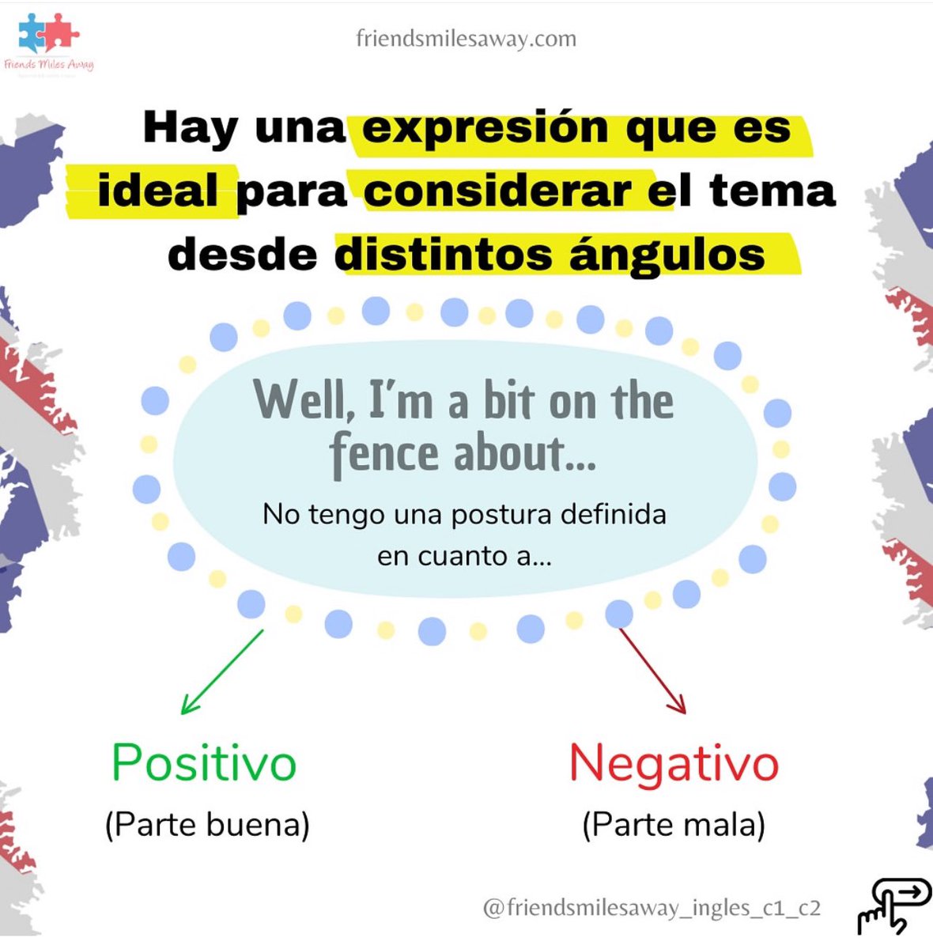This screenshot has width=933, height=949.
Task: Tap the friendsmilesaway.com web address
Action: click(466, 38)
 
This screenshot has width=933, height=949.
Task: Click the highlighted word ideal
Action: click(158, 191)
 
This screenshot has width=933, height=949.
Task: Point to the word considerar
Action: click(498, 191)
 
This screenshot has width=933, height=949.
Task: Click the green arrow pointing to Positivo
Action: click(221, 672)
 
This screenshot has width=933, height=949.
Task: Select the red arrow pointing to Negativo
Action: click(652, 671)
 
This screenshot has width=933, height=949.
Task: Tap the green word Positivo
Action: click(204, 763)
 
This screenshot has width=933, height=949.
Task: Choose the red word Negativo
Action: click(674, 763)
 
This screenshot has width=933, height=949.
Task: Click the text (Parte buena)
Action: click(207, 825)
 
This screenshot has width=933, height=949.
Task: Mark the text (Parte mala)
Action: click(674, 825)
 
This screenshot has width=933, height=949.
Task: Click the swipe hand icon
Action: click(893, 906)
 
